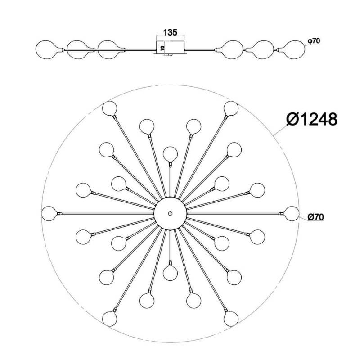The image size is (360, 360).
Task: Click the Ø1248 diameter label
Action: [x=312, y=119]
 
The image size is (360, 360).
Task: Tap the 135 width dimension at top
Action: [x=170, y=32]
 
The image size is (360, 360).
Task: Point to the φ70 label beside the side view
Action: [x=314, y=41]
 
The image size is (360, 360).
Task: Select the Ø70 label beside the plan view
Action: [x=316, y=217]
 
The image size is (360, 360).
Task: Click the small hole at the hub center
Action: [x=170, y=213]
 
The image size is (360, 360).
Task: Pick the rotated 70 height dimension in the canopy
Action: [x=162, y=48]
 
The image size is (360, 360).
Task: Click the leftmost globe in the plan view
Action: [x=49, y=213]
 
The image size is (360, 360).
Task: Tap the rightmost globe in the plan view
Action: [x=292, y=213]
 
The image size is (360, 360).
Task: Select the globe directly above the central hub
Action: [x=170, y=154]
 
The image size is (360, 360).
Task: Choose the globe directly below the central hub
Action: [x=170, y=273]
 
